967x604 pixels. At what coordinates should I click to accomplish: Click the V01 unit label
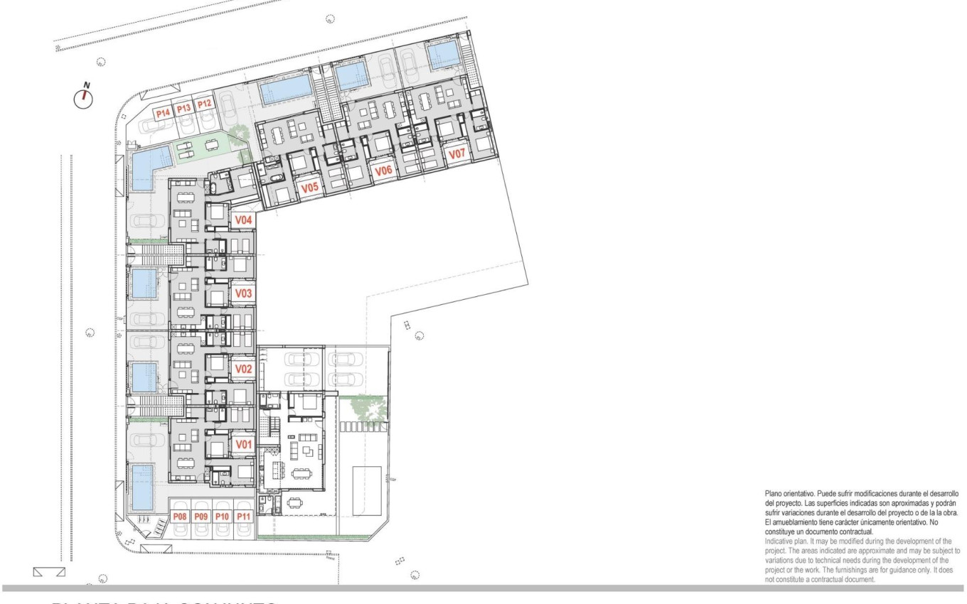244,445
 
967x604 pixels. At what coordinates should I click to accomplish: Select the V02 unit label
244,369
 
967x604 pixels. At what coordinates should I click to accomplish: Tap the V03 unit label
244,293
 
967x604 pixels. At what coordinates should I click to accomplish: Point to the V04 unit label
244,220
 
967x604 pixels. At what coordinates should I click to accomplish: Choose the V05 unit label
309,188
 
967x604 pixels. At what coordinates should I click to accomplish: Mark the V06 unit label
384,171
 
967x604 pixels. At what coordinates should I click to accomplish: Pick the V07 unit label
456,153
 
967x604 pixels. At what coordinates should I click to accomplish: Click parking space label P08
180,517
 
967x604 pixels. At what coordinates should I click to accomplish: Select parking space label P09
201,517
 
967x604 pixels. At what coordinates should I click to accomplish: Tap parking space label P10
223,517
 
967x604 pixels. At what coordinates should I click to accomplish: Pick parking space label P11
244,517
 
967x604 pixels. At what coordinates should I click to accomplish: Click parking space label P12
205,104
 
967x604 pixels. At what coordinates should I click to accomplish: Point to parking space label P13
183,108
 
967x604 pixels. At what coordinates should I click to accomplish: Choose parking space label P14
163,112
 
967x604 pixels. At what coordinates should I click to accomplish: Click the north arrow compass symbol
84,98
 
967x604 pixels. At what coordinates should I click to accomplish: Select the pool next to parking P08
143,487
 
